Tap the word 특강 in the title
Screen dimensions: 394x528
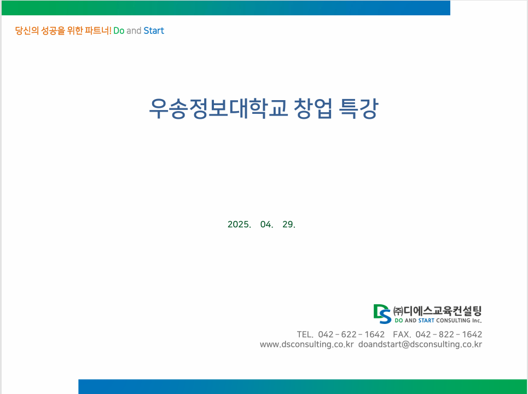pos(358,108)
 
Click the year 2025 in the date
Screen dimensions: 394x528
pos(239,224)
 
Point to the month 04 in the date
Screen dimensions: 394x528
pos(266,224)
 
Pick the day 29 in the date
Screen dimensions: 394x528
pos(288,224)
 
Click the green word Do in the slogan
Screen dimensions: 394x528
pos(119,31)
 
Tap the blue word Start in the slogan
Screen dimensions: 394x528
pos(154,31)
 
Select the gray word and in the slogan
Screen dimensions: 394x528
pos(134,31)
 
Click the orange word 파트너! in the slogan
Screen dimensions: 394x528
pos(98,31)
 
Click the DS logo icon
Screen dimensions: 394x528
pos(382,314)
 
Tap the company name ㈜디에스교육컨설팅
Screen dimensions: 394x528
pos(438,311)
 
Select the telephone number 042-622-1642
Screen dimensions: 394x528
pos(351,334)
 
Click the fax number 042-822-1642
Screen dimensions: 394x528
pos(449,334)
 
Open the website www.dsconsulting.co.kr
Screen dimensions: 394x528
pos(307,345)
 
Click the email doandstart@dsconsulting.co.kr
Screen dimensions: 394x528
pos(420,345)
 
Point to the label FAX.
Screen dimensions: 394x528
pos(402,334)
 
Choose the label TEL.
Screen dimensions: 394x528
pos(305,334)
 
